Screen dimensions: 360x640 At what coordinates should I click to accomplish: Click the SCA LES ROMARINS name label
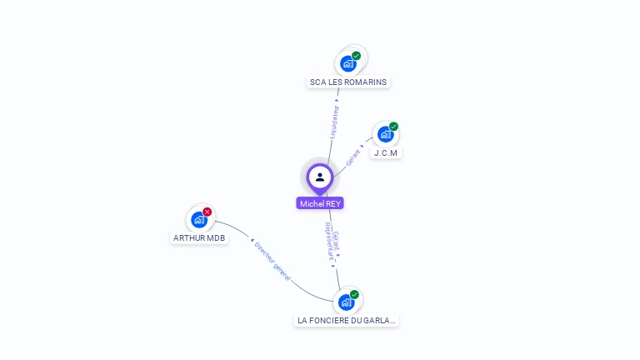coord(348,82)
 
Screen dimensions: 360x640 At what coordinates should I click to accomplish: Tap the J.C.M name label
coord(386,153)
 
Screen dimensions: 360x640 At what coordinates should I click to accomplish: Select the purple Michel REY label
coord(320,203)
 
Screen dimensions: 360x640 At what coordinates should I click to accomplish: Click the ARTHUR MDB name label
coord(199,237)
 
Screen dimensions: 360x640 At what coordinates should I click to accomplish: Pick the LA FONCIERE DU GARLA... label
coord(347,320)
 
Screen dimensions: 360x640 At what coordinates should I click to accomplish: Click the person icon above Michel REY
coord(320,177)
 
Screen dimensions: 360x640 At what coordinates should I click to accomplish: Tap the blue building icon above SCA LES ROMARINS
coord(348,63)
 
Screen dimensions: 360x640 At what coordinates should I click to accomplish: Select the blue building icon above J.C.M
coord(384,134)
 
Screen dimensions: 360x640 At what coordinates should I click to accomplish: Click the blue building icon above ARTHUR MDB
coord(198,220)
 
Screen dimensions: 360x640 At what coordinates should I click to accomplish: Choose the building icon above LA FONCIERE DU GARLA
coord(347,302)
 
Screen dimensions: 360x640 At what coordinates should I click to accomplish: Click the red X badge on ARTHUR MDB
coord(207,212)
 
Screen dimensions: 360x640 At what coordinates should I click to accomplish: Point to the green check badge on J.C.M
coord(393,127)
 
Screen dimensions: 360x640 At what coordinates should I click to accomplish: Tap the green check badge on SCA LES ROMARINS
coord(357,56)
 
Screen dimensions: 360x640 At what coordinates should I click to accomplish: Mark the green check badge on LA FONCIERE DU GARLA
coord(354,294)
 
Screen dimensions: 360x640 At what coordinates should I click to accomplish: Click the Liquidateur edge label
coord(334,121)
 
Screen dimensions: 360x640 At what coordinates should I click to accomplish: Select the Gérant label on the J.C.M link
coord(353,155)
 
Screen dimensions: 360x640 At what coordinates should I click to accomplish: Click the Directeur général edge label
coord(272,261)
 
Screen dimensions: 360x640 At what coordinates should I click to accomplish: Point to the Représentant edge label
coord(328,242)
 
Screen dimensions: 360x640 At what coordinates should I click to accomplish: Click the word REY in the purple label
coord(332,203)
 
